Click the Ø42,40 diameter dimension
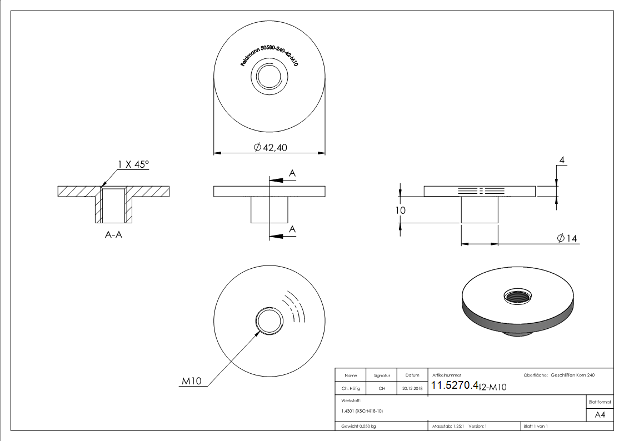pyautogui.click(x=271, y=147)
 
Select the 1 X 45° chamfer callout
pyautogui.click(x=133, y=164)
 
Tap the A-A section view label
pyautogui.click(x=113, y=235)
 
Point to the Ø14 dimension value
pyautogui.click(x=567, y=238)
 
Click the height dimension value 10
pyautogui.click(x=401, y=211)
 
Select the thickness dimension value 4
pyautogui.click(x=562, y=161)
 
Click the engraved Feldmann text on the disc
pyautogui.click(x=269, y=56)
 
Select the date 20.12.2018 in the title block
pyautogui.click(x=412, y=389)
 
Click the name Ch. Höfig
pyautogui.click(x=351, y=389)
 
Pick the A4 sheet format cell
pyautogui.click(x=600, y=415)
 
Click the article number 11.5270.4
pyautogui.click(x=455, y=386)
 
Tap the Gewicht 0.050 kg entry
pyautogui.click(x=358, y=426)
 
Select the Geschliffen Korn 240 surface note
pyautogui.click(x=573, y=375)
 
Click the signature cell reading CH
pyautogui.click(x=382, y=389)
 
